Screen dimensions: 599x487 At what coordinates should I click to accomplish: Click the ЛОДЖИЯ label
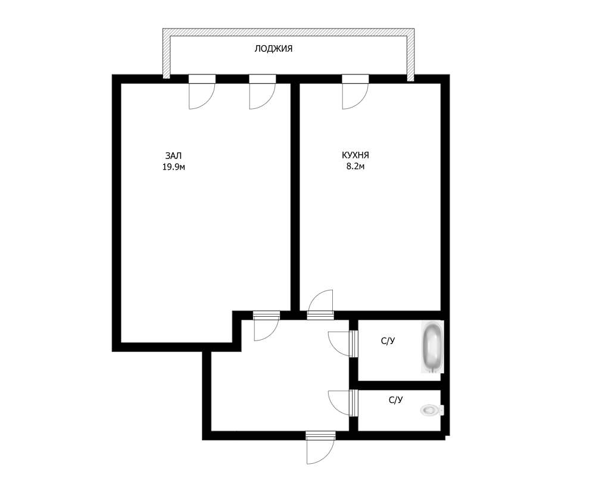coord(273,49)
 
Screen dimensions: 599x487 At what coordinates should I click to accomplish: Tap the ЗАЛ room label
coord(173,156)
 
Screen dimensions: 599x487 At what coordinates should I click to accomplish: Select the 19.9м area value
coord(174,167)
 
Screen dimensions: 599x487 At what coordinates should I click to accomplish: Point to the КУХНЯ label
coord(355,155)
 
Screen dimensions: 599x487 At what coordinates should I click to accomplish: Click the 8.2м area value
coord(355,166)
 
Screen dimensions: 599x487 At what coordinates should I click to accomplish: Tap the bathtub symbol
coord(432,347)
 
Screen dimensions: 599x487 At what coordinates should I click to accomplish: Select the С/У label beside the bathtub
coord(388,341)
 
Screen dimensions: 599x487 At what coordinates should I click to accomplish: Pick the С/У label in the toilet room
coord(396,400)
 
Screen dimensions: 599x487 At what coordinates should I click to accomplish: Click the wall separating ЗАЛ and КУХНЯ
coord(295,196)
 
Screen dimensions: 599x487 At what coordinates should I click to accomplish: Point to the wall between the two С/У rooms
coord(399,385)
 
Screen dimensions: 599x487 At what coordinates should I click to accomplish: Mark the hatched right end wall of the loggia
coord(410,55)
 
